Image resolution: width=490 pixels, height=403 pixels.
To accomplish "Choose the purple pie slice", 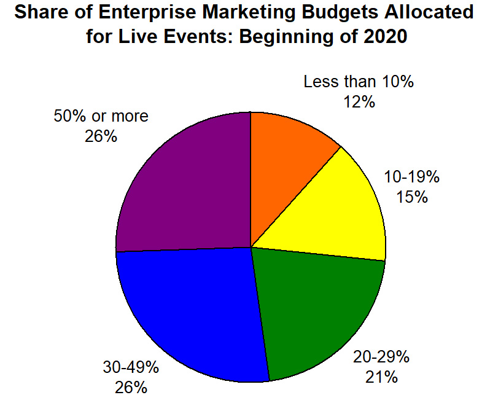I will [184, 184].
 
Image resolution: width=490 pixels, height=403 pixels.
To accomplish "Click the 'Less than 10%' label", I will [359, 82].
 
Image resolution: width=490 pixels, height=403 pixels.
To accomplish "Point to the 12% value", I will [359, 102].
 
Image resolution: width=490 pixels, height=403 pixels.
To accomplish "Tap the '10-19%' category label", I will [412, 178].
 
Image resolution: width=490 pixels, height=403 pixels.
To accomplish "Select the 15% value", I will [412, 197].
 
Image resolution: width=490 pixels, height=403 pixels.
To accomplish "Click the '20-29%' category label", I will [381, 356].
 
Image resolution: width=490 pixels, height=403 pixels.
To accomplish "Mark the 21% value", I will [381, 376].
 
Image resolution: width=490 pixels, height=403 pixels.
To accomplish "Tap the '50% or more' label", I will [101, 116].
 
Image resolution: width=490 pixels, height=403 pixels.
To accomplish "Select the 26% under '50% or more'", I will [101, 136].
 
